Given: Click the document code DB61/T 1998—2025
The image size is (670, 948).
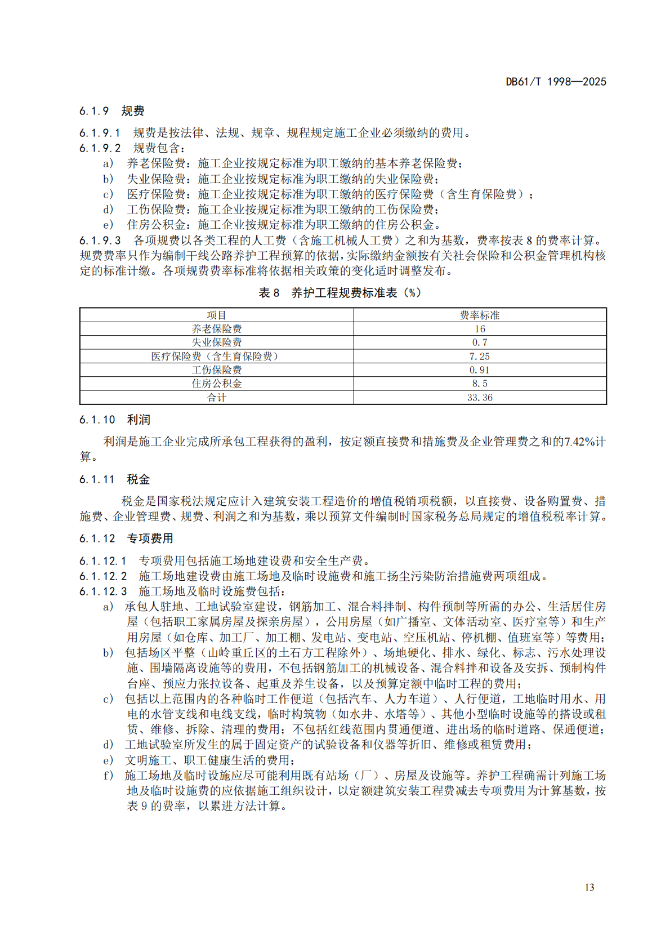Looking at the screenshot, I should click(x=556, y=82).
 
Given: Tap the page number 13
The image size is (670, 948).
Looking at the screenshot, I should click(x=589, y=887).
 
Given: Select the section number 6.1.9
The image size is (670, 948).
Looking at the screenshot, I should click(x=94, y=111).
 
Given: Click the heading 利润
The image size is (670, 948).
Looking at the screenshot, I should click(x=139, y=420).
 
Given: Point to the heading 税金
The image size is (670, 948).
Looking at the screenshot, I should click(x=139, y=479).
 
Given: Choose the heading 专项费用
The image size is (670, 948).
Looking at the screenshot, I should click(x=150, y=538).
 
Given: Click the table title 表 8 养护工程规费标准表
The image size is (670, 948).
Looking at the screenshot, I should click(x=340, y=293).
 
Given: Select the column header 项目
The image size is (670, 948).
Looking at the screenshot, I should click(x=217, y=315).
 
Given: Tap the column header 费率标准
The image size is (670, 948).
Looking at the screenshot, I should click(x=480, y=315).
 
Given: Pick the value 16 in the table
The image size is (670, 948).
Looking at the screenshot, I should click(x=480, y=329).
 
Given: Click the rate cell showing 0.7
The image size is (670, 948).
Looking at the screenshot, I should click(x=480, y=342).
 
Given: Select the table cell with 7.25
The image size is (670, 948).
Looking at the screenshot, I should click(x=480, y=357).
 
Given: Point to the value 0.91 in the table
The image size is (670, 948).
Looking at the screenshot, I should click(x=480, y=370).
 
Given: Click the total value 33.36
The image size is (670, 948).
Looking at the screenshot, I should click(x=480, y=398).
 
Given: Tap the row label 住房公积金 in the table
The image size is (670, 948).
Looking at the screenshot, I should click(x=217, y=384).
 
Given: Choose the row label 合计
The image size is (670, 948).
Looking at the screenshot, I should click(x=217, y=398).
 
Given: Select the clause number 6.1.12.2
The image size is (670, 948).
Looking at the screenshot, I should click(x=103, y=576).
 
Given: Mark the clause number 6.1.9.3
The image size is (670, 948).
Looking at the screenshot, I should click(x=100, y=241).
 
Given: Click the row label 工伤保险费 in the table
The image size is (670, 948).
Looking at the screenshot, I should click(x=217, y=370).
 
